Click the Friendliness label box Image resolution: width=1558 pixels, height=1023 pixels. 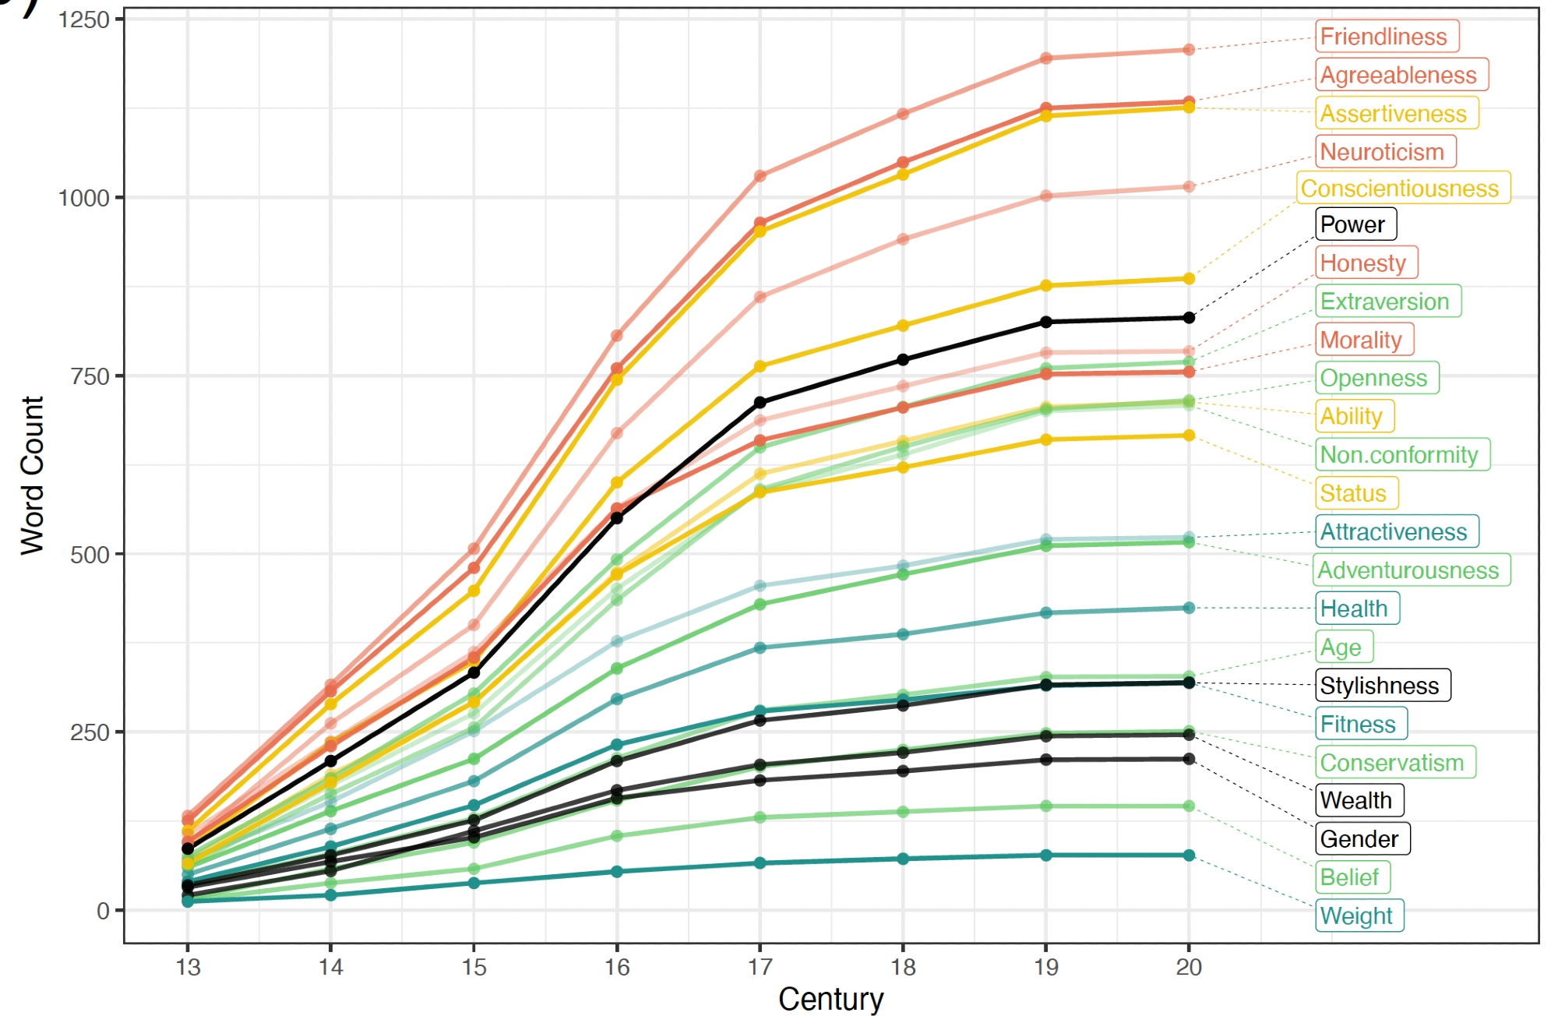tap(1387, 37)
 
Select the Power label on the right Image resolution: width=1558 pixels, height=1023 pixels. tap(1355, 224)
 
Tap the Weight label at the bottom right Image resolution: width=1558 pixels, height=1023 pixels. tap(1359, 915)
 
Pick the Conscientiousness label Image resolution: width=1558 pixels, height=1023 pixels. tap(1403, 189)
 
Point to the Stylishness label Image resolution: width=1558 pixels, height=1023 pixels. tap(1383, 686)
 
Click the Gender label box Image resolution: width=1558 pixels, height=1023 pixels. tap(1362, 839)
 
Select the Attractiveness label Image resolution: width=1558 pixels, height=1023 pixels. tap(1397, 532)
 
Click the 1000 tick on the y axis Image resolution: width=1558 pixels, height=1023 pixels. tap(83, 198)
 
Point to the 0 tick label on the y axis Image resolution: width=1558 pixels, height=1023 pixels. tap(103, 911)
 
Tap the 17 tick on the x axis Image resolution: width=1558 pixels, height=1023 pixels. tap(760, 967)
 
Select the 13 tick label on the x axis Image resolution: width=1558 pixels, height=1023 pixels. tap(188, 967)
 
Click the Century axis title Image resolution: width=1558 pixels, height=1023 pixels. tap(830, 999)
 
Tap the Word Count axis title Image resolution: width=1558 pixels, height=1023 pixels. tap(33, 475)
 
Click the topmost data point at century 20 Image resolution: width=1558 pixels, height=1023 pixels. tap(1189, 50)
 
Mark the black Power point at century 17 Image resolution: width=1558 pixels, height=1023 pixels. tap(760, 403)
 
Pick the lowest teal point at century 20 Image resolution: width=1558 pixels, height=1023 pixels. tap(1189, 855)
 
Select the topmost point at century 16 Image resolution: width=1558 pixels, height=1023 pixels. tap(617, 336)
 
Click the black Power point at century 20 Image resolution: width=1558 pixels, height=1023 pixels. tap(1189, 318)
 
